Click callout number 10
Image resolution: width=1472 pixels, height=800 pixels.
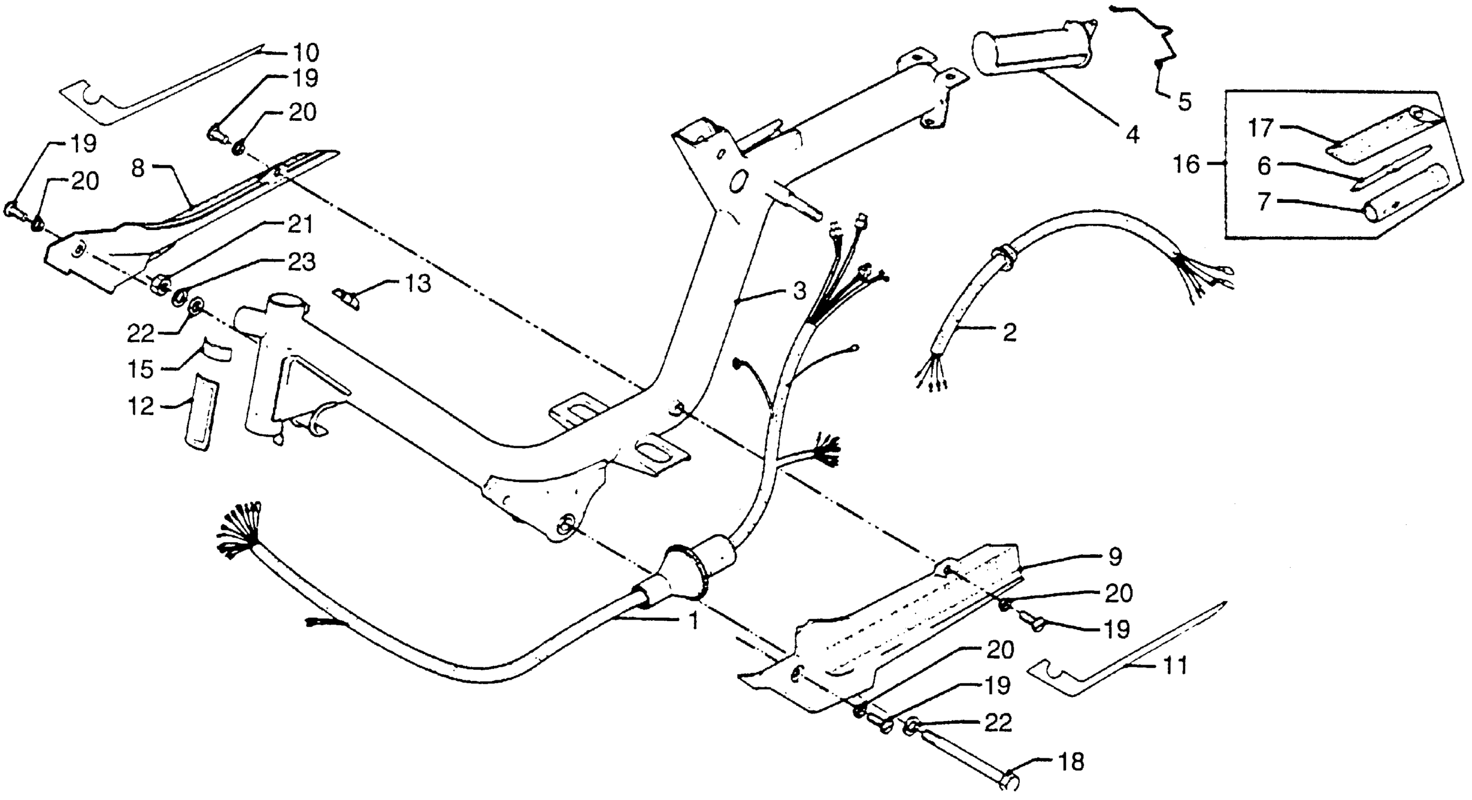(306, 53)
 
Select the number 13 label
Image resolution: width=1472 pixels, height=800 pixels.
(418, 283)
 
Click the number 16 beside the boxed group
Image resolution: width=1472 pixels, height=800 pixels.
(1186, 165)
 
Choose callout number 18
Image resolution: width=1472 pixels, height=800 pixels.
(1070, 762)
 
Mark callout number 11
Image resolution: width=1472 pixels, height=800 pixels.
(1175, 666)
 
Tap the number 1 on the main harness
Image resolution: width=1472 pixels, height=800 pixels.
(693, 620)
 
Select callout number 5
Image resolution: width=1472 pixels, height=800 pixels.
(1184, 102)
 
